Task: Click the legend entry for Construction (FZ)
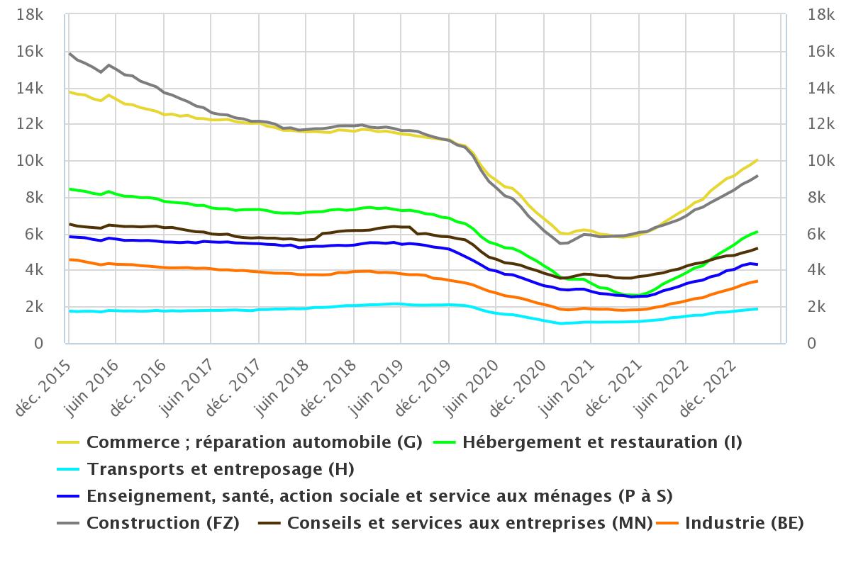pos(162,524)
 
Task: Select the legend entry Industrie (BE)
pos(744,524)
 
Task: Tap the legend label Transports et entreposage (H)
pos(220,469)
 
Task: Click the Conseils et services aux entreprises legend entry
pos(468,524)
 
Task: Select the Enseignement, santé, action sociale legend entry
pos(379,496)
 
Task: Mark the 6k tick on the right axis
pos(816,234)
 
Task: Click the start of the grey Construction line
pos(69,54)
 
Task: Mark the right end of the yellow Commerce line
pos(757,160)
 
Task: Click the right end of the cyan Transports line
pos(757,309)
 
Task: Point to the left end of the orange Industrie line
pos(69,259)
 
